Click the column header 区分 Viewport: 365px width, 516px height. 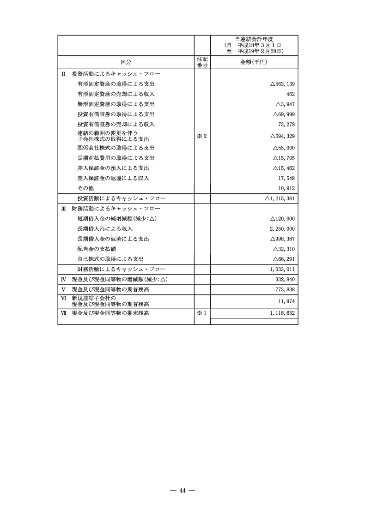click(x=126, y=62)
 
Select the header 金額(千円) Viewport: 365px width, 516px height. click(x=254, y=62)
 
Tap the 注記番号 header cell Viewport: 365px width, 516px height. click(x=202, y=62)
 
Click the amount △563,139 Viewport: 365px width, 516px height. click(x=282, y=84)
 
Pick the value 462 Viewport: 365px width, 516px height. click(x=291, y=94)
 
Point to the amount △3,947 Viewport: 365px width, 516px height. click(x=285, y=104)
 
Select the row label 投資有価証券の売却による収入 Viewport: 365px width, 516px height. click(x=116, y=124)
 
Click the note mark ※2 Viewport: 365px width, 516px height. click(x=202, y=136)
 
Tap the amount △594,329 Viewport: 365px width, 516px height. click(x=282, y=136)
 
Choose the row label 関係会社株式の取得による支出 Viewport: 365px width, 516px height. click(x=116, y=148)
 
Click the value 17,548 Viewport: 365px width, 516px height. click(x=286, y=178)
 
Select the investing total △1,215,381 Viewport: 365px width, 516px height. click(x=280, y=198)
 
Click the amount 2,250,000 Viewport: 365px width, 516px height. click(x=281, y=229)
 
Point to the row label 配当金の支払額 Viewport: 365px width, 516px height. click(x=96, y=249)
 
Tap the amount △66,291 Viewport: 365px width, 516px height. click(x=284, y=259)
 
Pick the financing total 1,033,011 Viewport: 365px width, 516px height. click(x=281, y=269)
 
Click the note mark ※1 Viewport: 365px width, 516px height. click(x=202, y=313)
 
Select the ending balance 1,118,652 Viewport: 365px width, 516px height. click(x=281, y=313)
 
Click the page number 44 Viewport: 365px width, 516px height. click(x=182, y=490)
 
